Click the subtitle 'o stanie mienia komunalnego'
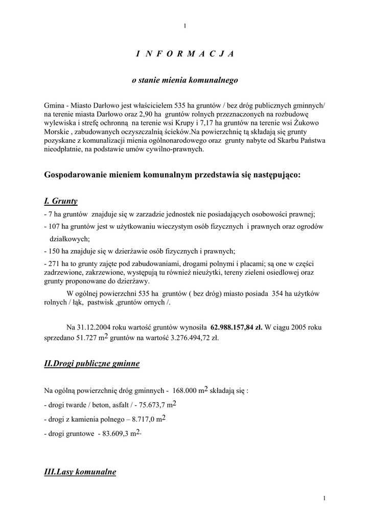coord(185,80)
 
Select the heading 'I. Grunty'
coord(61,201)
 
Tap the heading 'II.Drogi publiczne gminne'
coord(92,364)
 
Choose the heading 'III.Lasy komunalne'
coord(80,471)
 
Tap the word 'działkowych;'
coord(69,238)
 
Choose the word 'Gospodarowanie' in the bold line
coord(74,175)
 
